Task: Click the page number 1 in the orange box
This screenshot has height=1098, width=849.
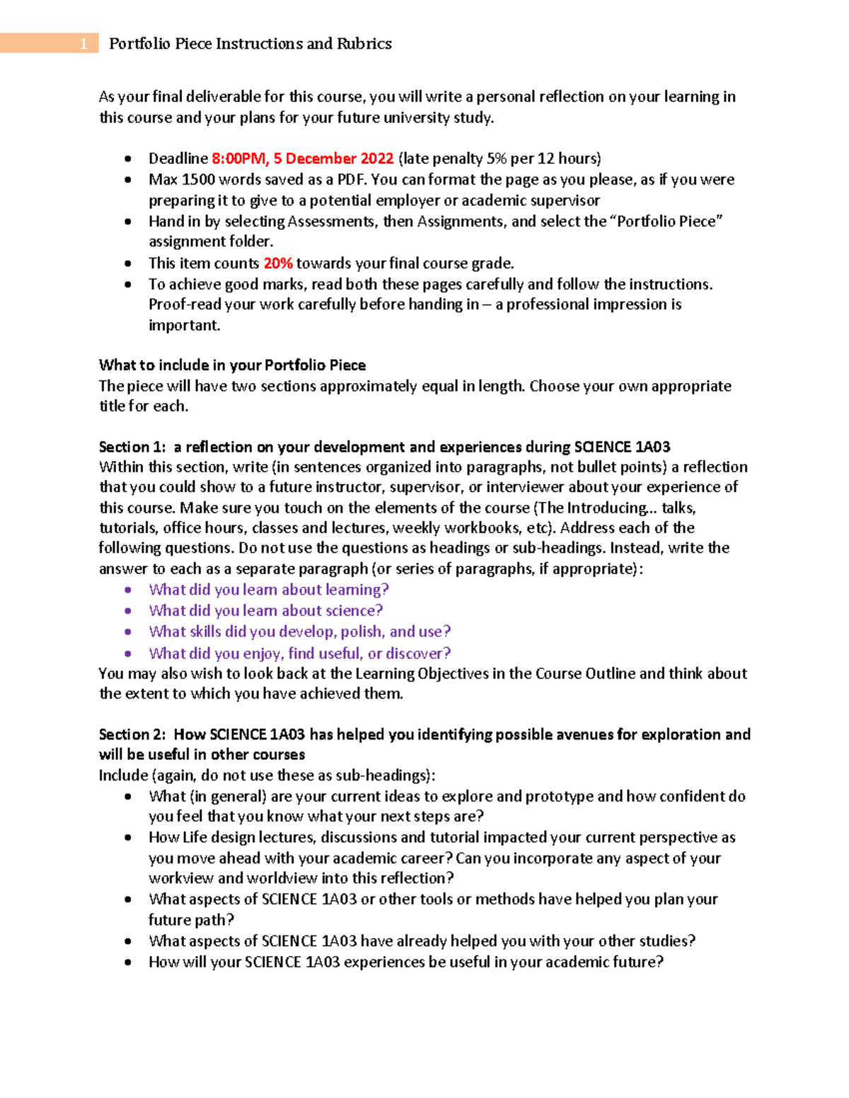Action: (83, 44)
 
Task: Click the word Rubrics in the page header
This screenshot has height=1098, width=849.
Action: (364, 44)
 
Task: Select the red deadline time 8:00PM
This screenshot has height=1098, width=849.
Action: (239, 158)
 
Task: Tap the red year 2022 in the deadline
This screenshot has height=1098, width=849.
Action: (376, 158)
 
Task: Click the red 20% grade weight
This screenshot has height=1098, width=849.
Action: (278, 264)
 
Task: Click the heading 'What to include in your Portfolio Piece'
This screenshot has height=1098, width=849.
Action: (232, 366)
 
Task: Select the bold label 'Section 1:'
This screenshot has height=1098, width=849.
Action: (134, 447)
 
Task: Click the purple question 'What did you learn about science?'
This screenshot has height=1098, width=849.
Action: (265, 611)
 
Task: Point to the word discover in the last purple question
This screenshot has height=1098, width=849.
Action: (418, 653)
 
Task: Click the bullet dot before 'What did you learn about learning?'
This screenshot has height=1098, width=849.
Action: (128, 590)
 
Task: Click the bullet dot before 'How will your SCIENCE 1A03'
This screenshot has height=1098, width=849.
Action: (128, 962)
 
